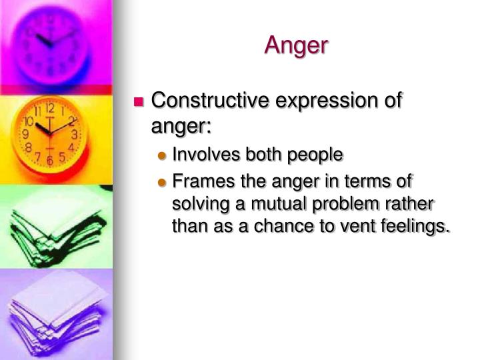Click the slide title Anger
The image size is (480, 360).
pos(296,45)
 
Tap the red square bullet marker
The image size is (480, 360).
pos(139,102)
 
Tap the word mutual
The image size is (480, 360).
pos(291,203)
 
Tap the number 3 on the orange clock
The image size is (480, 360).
pos(75,134)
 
